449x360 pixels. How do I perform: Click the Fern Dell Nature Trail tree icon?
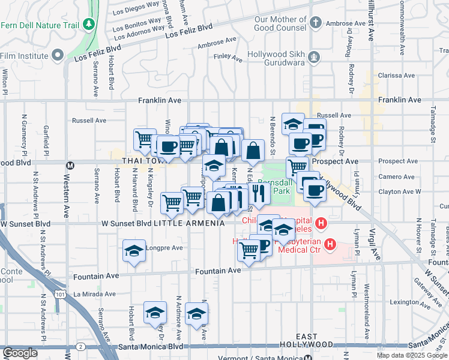(x=89, y=23)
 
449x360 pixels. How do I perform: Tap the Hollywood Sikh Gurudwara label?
(x=276, y=58)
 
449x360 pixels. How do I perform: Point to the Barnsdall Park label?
(x=274, y=185)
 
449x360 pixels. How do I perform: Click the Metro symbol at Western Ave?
(x=70, y=164)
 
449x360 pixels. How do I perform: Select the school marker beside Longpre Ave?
(x=134, y=251)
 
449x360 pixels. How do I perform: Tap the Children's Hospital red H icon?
(x=321, y=224)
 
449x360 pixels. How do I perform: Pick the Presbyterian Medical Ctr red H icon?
(x=329, y=245)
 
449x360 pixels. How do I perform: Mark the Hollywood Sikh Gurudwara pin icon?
(x=313, y=58)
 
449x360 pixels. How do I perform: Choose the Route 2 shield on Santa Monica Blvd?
(x=80, y=346)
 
